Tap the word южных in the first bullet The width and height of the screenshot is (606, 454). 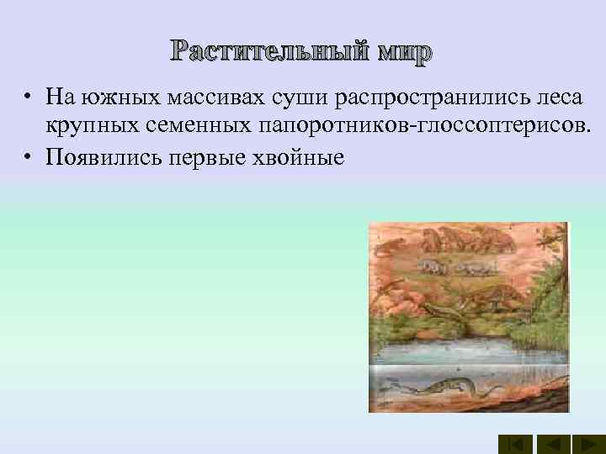pyautogui.click(x=111, y=98)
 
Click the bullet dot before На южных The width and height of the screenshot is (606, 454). pyautogui.click(x=28, y=98)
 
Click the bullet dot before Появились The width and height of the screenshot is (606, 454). pyautogui.click(x=28, y=157)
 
